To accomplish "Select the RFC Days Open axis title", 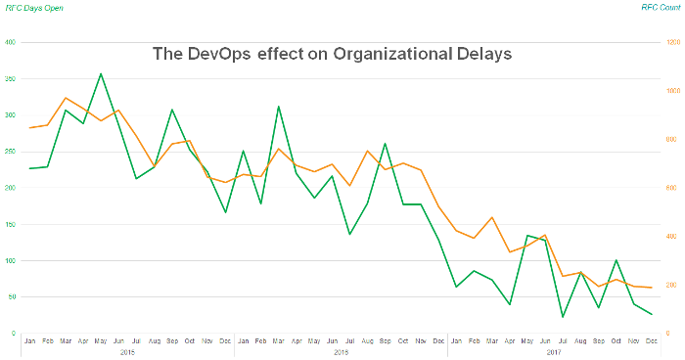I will [x=31, y=7].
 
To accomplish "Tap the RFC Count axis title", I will [x=662, y=7].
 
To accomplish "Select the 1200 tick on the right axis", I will [x=673, y=43].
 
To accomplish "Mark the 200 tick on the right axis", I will [x=672, y=285].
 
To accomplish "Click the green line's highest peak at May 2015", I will [x=101, y=73].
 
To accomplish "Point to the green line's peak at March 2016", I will [x=279, y=107].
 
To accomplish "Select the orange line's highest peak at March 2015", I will [x=66, y=98].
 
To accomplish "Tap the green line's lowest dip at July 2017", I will [x=563, y=317].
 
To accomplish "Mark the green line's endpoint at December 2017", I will [x=652, y=314].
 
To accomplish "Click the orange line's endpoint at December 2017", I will [x=652, y=288].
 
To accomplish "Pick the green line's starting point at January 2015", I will [x=29, y=168].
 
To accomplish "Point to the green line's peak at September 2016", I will [x=385, y=144].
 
